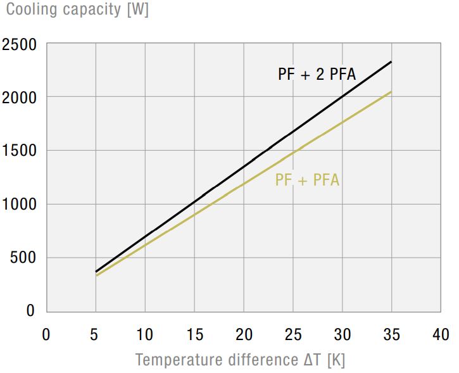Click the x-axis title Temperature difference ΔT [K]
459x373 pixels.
coord(240,360)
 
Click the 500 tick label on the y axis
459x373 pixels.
coord(23,258)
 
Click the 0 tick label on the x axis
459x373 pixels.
coord(46,334)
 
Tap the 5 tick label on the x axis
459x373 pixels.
coord(96,334)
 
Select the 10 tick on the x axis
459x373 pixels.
coord(145,334)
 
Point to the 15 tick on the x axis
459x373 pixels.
coord(194,334)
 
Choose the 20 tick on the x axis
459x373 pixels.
coord(244,334)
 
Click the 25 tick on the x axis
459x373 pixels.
coord(293,334)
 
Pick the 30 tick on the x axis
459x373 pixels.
coord(343,334)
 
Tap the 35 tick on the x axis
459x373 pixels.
coord(392,334)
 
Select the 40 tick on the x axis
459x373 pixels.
coord(441,334)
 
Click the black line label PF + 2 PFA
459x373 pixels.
coord(317,75)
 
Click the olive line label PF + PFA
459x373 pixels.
coord(307,180)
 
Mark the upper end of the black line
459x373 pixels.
coord(391,62)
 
